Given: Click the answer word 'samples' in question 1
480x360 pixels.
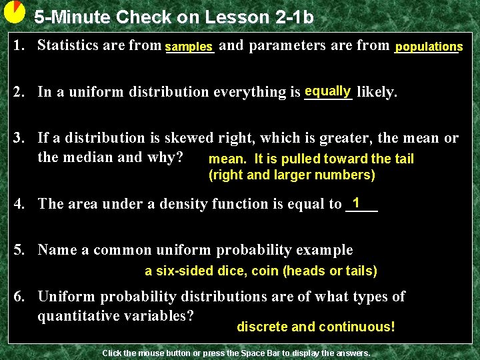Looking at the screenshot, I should [189, 47].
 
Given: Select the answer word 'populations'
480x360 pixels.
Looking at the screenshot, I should [429, 47].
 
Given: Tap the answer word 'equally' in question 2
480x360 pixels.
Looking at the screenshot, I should [327, 91].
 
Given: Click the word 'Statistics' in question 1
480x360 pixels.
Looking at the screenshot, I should [67, 45].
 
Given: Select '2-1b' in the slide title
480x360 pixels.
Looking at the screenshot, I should [291, 17].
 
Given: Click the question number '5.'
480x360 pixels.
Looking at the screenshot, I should [22, 250].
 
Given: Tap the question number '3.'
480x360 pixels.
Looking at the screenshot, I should [22, 138].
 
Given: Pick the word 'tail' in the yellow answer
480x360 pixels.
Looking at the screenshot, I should [403, 159].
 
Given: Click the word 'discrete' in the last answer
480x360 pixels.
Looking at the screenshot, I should [262, 327].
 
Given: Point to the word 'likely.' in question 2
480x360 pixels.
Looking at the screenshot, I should [377, 92].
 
